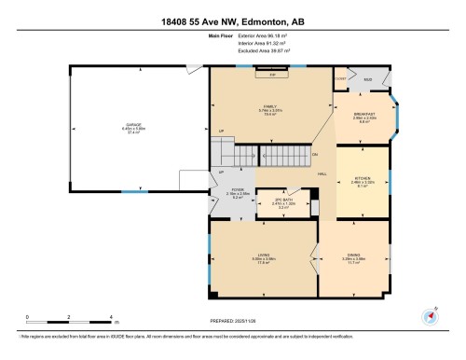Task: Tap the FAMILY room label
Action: pos(271,106)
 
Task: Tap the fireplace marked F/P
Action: pos(272,75)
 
